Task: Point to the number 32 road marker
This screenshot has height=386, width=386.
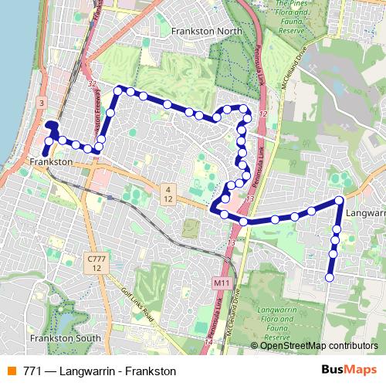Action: [92, 83]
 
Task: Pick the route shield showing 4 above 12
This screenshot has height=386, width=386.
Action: [167, 194]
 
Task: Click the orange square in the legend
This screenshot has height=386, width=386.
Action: [12, 371]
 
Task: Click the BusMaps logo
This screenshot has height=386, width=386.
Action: [348, 371]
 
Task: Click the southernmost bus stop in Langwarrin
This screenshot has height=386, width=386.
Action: [330, 277]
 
